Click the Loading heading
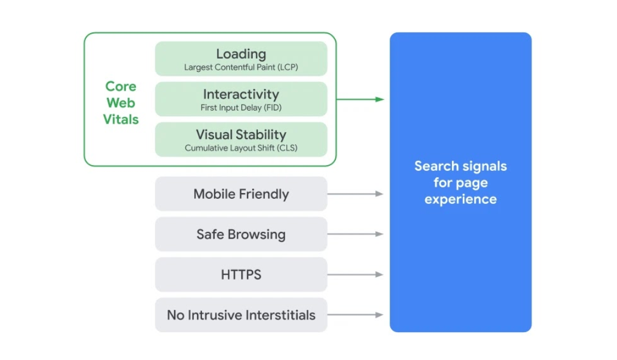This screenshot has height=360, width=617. [241, 54]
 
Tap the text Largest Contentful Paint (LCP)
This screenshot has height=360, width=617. [241, 67]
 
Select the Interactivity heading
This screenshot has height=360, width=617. [241, 94]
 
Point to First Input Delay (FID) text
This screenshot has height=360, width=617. [241, 108]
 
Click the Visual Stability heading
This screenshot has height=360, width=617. [241, 134]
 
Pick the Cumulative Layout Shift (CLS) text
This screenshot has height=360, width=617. [241, 148]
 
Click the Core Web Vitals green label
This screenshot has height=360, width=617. [121, 103]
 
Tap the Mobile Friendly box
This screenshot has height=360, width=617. [241, 194]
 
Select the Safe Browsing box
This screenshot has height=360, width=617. [241, 234]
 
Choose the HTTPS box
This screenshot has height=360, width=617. [241, 275]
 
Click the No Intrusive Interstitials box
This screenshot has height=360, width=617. [241, 315]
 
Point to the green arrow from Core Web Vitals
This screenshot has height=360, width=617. [360, 99]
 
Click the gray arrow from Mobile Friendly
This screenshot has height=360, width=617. [355, 194]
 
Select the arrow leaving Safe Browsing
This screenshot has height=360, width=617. [355, 234]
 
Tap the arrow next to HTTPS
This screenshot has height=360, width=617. [355, 275]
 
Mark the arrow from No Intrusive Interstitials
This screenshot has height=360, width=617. [355, 314]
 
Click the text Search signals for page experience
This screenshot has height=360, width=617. [460, 183]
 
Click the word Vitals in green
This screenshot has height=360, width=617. [121, 120]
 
